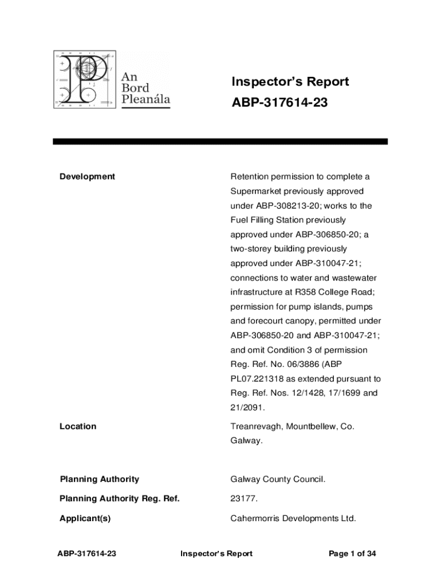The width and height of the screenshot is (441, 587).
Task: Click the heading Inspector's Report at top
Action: pyautogui.click(x=290, y=82)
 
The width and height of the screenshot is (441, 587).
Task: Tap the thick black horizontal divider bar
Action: pyautogui.click(x=220, y=141)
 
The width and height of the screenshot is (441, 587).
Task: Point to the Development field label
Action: pyautogui.click(x=87, y=177)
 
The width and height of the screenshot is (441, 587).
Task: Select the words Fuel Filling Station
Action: pyautogui.click(x=271, y=220)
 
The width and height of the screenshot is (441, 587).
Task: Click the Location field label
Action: pyautogui.click(x=78, y=426)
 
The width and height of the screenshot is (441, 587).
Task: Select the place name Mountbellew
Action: pyautogui.click(x=312, y=426)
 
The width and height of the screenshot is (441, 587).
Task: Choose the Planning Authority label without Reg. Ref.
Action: pyautogui.click(x=99, y=479)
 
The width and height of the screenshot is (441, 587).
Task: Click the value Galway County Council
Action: pyautogui.click(x=278, y=479)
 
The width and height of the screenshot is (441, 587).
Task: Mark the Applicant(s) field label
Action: pyautogui.click(x=85, y=519)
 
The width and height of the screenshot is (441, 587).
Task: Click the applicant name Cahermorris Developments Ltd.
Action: pyautogui.click(x=293, y=519)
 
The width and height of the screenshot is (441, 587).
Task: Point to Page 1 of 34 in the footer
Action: pyautogui.click(x=352, y=554)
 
